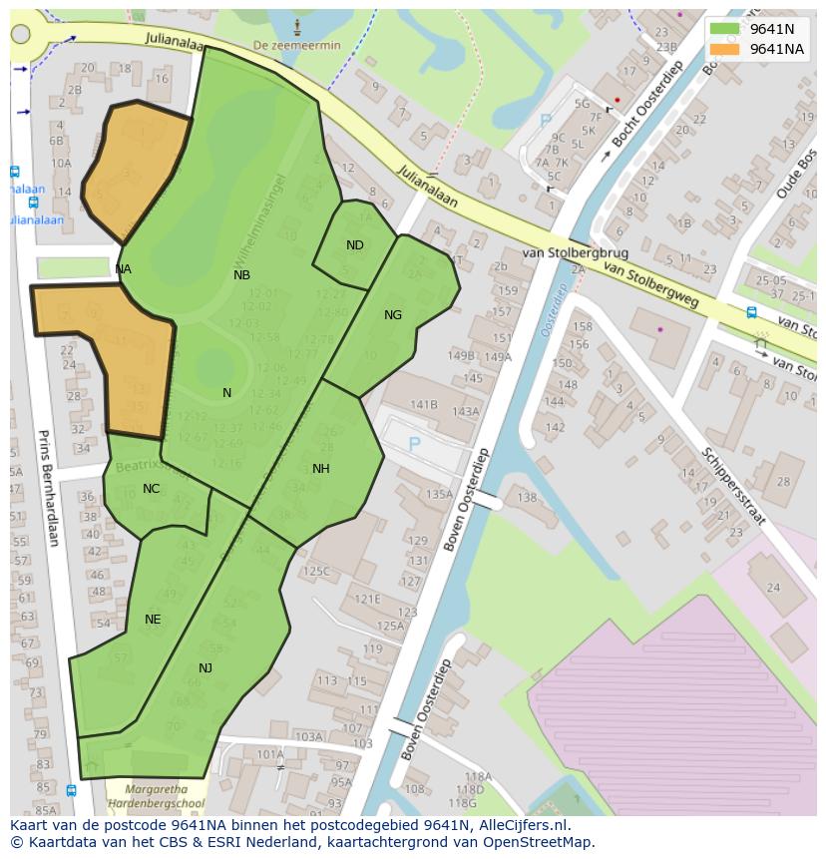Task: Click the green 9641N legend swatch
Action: pos(725,29)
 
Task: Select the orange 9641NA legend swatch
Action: pos(725,49)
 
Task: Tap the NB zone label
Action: pos(241,275)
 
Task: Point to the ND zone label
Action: pos(355,245)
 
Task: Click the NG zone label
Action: pos(393,315)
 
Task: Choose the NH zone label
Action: pos(320,469)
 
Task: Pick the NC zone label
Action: pos(151,489)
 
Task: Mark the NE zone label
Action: pos(153,620)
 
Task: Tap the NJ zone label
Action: pos(206,668)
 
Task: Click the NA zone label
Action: pos(123,269)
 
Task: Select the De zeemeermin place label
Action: pos(296,46)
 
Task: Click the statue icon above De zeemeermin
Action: pos(296,24)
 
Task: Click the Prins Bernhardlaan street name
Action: pos(47,488)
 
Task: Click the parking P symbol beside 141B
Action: pos(414,443)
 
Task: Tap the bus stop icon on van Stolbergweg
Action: pos(751,312)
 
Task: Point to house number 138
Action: pos(527,498)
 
